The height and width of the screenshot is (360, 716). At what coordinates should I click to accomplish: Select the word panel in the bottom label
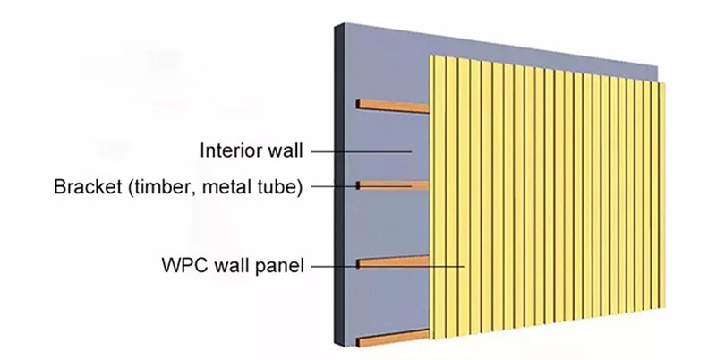pyautogui.click(x=278, y=265)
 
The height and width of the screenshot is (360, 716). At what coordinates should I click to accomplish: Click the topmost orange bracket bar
pyautogui.click(x=394, y=107)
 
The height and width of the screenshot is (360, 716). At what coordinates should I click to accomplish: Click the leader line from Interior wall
pyautogui.click(x=358, y=151)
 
